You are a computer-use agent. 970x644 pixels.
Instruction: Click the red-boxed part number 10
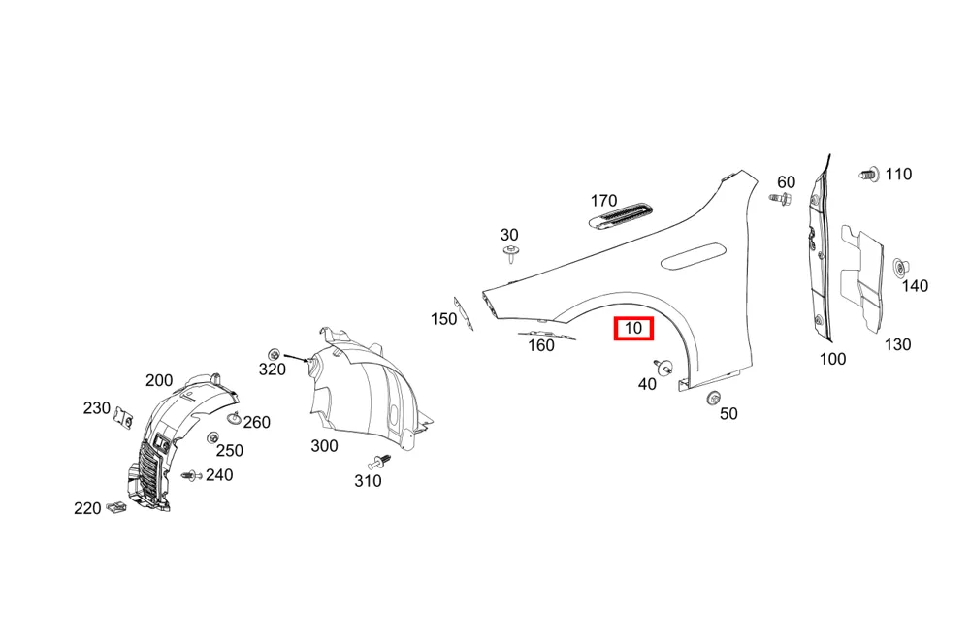coord(633,328)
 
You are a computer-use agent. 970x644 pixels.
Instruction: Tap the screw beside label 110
coord(869,175)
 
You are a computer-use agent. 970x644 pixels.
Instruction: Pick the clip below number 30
coord(511,254)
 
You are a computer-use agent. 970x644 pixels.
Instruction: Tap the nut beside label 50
coord(713,399)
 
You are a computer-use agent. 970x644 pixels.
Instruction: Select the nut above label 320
coord(274,354)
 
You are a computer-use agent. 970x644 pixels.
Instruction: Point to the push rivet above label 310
coord(380,462)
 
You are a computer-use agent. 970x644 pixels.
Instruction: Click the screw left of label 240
coord(192,476)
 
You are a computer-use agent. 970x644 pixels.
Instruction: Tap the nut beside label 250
coord(212,437)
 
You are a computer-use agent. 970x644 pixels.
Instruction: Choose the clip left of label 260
coord(234,418)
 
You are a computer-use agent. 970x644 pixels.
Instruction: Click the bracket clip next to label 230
coord(124,418)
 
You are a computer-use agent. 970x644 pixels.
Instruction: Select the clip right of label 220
coord(115,508)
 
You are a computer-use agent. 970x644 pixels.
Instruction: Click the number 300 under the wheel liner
coord(324,445)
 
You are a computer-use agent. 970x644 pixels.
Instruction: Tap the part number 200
coord(159,380)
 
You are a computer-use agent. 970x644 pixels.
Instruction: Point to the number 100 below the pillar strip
coord(832,359)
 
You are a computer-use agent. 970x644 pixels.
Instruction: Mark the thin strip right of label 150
coord(464,313)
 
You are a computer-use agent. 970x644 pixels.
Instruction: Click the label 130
coord(897,344)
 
